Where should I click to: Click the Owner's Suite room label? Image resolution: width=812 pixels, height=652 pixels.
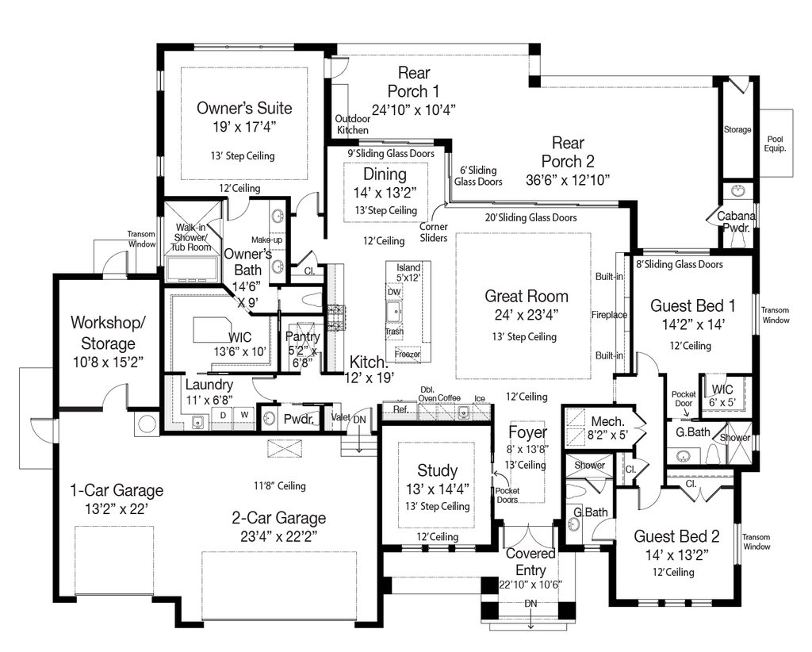[244, 108]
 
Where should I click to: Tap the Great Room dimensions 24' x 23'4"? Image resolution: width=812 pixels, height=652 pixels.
[527, 315]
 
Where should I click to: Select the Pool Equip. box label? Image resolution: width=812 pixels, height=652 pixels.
[776, 144]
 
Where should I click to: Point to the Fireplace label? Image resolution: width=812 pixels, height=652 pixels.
[609, 314]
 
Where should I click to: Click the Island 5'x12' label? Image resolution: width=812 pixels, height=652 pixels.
[408, 272]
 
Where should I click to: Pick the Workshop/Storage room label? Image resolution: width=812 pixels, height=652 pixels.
[108, 332]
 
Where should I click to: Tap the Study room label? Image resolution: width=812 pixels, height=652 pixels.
[437, 470]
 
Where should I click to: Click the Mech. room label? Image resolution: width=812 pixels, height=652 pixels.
[608, 421]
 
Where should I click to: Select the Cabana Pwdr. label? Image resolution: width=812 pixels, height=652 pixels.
[736, 221]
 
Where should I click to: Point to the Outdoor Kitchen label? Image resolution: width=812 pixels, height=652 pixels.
[353, 125]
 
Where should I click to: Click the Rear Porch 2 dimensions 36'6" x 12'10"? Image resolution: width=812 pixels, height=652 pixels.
[568, 180]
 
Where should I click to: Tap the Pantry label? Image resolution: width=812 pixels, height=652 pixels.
[302, 336]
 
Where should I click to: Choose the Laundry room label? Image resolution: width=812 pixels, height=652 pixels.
[209, 385]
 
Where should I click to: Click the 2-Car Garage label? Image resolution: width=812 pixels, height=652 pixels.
[278, 517]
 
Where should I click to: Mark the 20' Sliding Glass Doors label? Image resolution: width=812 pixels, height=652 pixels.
[530, 217]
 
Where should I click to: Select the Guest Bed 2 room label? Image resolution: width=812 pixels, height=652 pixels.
[676, 536]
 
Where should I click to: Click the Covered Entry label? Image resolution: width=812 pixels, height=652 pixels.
[530, 562]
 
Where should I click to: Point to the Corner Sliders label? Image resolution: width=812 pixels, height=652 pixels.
[434, 232]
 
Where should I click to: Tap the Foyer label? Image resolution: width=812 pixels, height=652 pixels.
[527, 432]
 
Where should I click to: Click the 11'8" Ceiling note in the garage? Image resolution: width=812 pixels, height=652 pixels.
[280, 485]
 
